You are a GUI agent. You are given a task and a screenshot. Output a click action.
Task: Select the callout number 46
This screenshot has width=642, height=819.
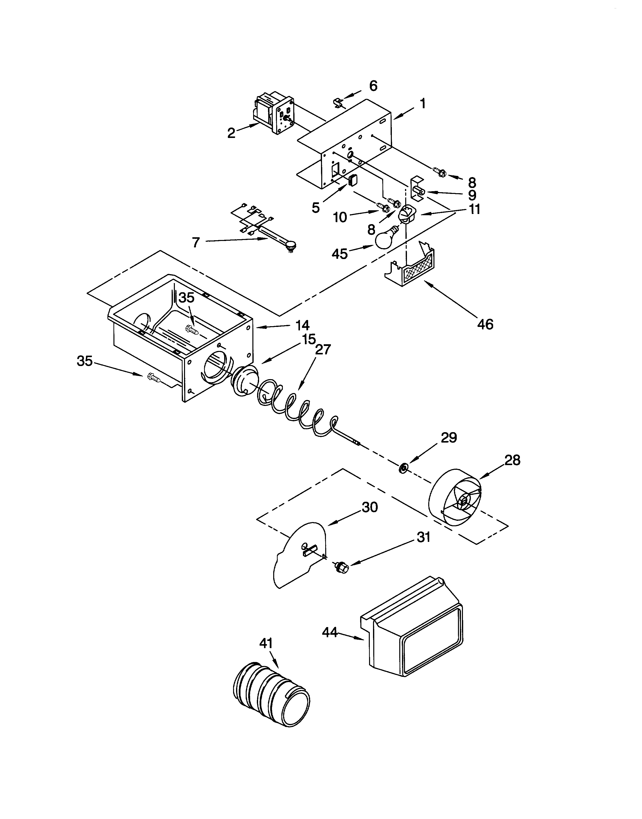coord(485,324)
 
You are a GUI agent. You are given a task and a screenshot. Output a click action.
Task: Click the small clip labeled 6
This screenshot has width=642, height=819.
coord(338,102)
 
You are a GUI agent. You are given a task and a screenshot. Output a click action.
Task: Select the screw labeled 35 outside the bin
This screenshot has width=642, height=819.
coord(154,377)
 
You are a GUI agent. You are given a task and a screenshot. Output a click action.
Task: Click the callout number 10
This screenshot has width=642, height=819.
coord(340,217)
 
